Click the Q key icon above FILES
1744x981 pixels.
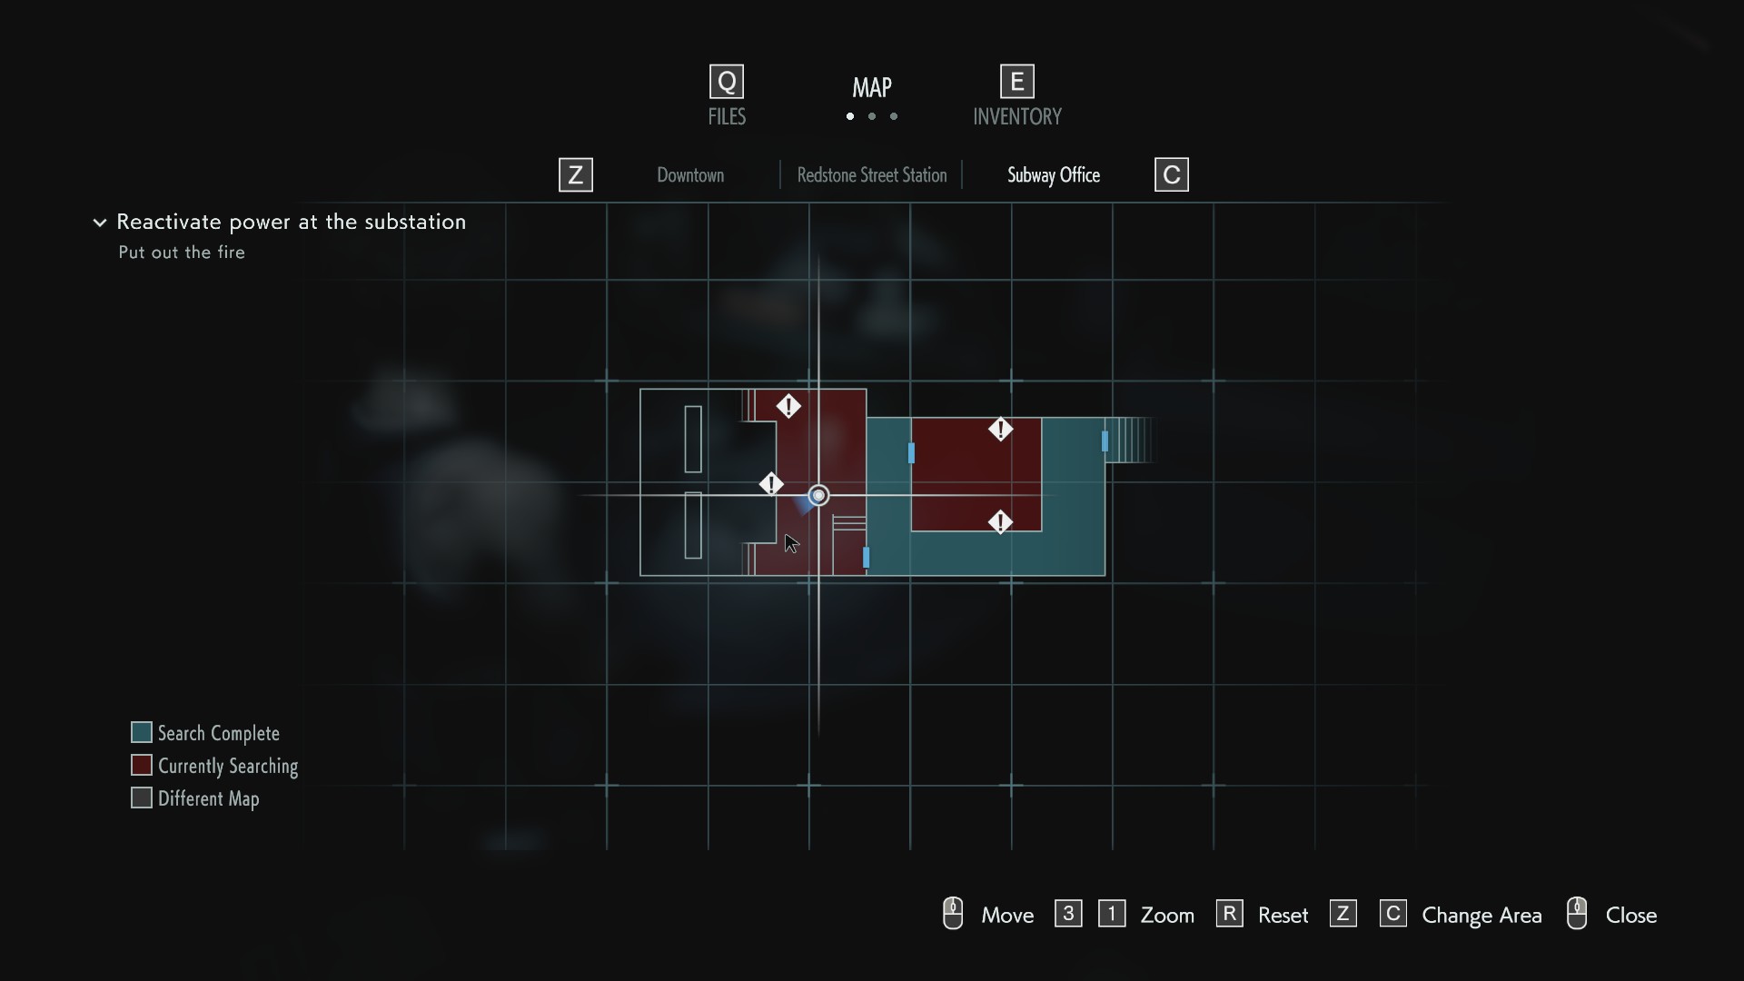pyautogui.click(x=727, y=82)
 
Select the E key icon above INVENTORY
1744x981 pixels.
pyautogui.click(x=1017, y=82)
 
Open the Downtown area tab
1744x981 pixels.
pyautogui.click(x=690, y=175)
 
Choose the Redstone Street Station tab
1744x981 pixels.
pyautogui.click(x=872, y=175)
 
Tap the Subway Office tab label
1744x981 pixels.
pyautogui.click(x=1054, y=175)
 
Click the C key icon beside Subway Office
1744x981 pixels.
pyautogui.click(x=1171, y=175)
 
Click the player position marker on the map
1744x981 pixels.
pyautogui.click(x=818, y=495)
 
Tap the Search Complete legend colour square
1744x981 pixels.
pyautogui.click(x=142, y=732)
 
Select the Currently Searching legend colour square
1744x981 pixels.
pyautogui.click(x=142, y=765)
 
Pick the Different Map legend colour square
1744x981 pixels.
pyautogui.click(x=142, y=798)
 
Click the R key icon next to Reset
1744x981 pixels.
pyautogui.click(x=1229, y=914)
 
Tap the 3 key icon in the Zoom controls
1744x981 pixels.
pyautogui.click(x=1068, y=914)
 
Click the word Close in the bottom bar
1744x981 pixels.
pyautogui.click(x=1630, y=916)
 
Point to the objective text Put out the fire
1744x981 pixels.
pyautogui.click(x=182, y=253)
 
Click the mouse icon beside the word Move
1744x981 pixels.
pyautogui.click(x=953, y=914)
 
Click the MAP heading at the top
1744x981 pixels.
pyautogui.click(x=872, y=87)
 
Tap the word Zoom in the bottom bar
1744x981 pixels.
pyautogui.click(x=1167, y=916)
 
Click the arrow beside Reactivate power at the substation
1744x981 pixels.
pyautogui.click(x=100, y=223)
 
